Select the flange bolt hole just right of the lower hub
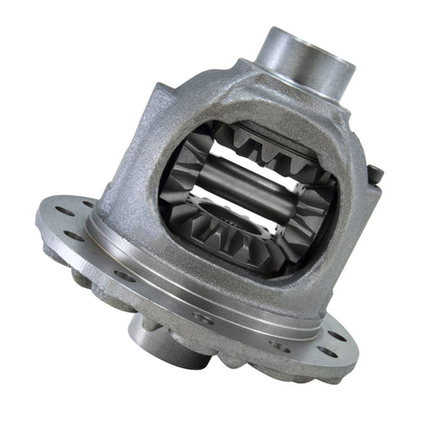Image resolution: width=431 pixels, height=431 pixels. (x=199, y=319)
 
